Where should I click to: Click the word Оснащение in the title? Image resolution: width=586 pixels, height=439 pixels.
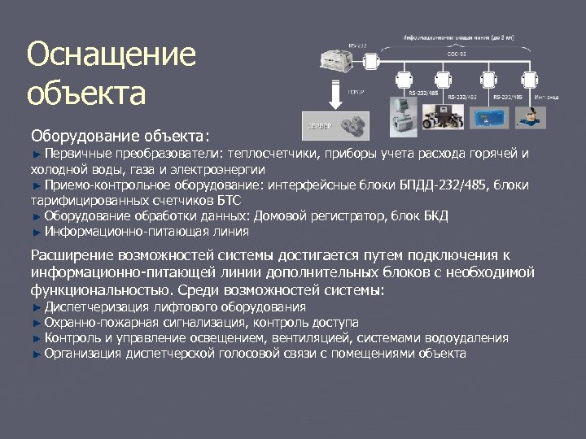(112, 56)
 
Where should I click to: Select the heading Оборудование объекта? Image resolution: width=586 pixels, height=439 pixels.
(120, 134)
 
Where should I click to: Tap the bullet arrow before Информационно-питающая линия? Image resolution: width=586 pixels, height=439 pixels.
(36, 232)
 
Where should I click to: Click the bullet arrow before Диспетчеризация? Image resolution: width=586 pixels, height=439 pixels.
(36, 307)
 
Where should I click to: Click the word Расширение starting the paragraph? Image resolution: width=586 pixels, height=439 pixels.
(71, 255)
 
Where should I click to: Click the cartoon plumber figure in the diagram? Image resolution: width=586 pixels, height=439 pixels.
(536, 113)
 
